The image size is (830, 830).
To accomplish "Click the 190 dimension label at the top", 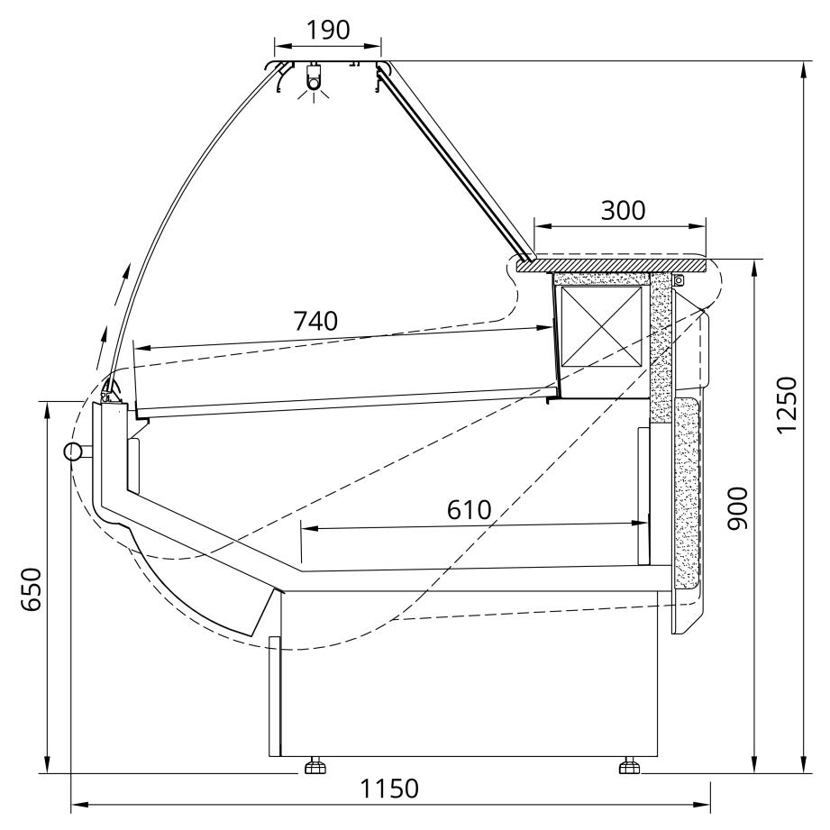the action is click(x=328, y=30).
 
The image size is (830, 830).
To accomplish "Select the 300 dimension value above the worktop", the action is click(x=623, y=211).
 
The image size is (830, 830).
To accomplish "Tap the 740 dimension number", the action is click(x=315, y=322).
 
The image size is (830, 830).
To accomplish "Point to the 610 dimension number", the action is click(x=469, y=510).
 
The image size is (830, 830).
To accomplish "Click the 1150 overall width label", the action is click(x=389, y=789).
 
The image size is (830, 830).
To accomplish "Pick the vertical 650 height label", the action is click(x=32, y=589).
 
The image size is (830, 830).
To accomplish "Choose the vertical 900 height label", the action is click(x=737, y=508).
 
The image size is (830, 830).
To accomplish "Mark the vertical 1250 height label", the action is click(x=787, y=405).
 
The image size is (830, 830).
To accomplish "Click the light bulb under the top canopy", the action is click(x=315, y=82).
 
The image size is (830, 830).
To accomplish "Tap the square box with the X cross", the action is click(x=601, y=326).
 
